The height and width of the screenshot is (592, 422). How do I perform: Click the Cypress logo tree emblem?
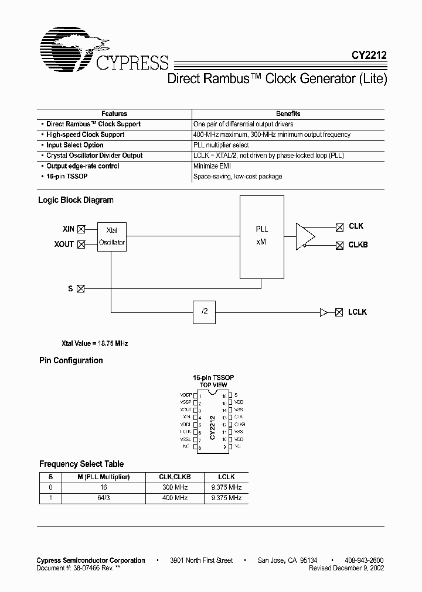click(73, 51)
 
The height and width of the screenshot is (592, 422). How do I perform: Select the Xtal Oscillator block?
click(111, 236)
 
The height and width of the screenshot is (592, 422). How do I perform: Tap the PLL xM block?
click(261, 236)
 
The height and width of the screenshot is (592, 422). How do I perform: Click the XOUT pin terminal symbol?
click(82, 244)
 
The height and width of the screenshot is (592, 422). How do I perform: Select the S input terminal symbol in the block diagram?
click(81, 288)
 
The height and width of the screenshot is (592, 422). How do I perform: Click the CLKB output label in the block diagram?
click(358, 245)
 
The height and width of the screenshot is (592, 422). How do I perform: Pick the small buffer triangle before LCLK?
click(324, 313)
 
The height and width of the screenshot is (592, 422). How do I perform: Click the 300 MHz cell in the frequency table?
click(175, 487)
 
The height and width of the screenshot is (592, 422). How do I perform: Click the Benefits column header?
click(288, 113)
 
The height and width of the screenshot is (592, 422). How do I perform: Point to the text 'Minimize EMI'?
click(210, 166)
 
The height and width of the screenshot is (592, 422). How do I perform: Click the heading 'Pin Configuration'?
click(71, 360)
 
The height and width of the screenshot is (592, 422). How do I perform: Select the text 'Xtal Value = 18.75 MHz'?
click(94, 343)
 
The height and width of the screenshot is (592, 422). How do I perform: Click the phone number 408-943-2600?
click(364, 560)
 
